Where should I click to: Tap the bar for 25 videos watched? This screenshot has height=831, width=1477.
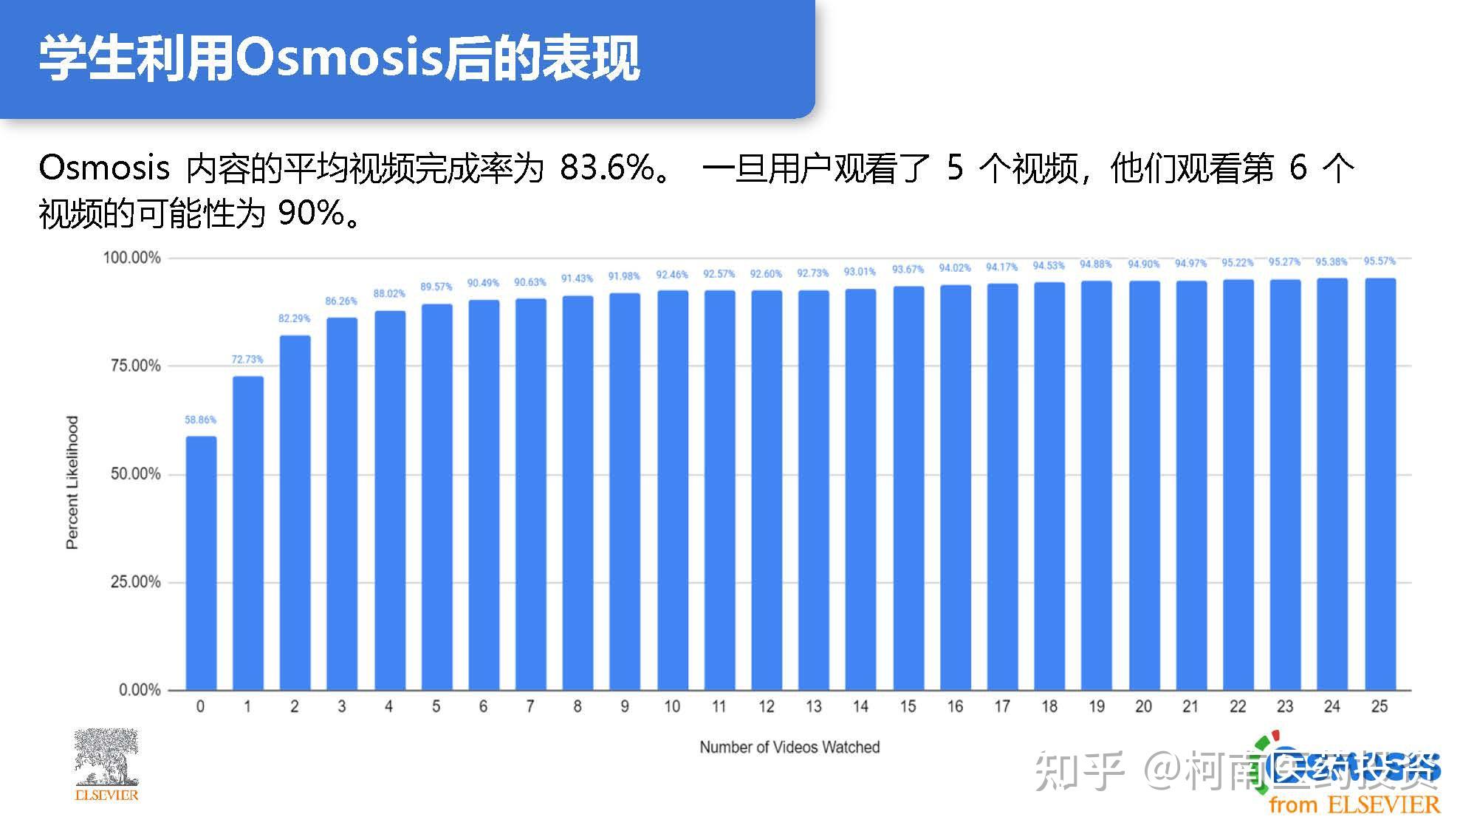tap(1380, 484)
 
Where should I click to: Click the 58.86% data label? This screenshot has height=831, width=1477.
tap(200, 420)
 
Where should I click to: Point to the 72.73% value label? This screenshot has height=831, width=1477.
tap(247, 359)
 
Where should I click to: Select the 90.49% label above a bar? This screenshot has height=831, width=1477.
tap(483, 283)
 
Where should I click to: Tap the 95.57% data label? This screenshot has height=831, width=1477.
tap(1380, 261)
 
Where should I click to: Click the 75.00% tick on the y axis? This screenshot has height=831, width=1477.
tap(135, 366)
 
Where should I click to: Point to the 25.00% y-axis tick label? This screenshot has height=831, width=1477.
tap(135, 582)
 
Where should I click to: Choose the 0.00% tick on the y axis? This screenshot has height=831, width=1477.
tap(140, 690)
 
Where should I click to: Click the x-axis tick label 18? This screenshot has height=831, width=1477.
tap(1049, 707)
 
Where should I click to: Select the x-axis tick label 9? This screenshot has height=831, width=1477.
tap(625, 707)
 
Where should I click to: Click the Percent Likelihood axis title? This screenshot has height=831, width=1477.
tap(72, 482)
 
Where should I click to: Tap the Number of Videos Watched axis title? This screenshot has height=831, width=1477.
tap(789, 747)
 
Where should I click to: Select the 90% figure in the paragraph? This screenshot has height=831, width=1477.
tap(311, 213)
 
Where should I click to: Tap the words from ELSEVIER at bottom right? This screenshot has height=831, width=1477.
tap(1354, 804)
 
